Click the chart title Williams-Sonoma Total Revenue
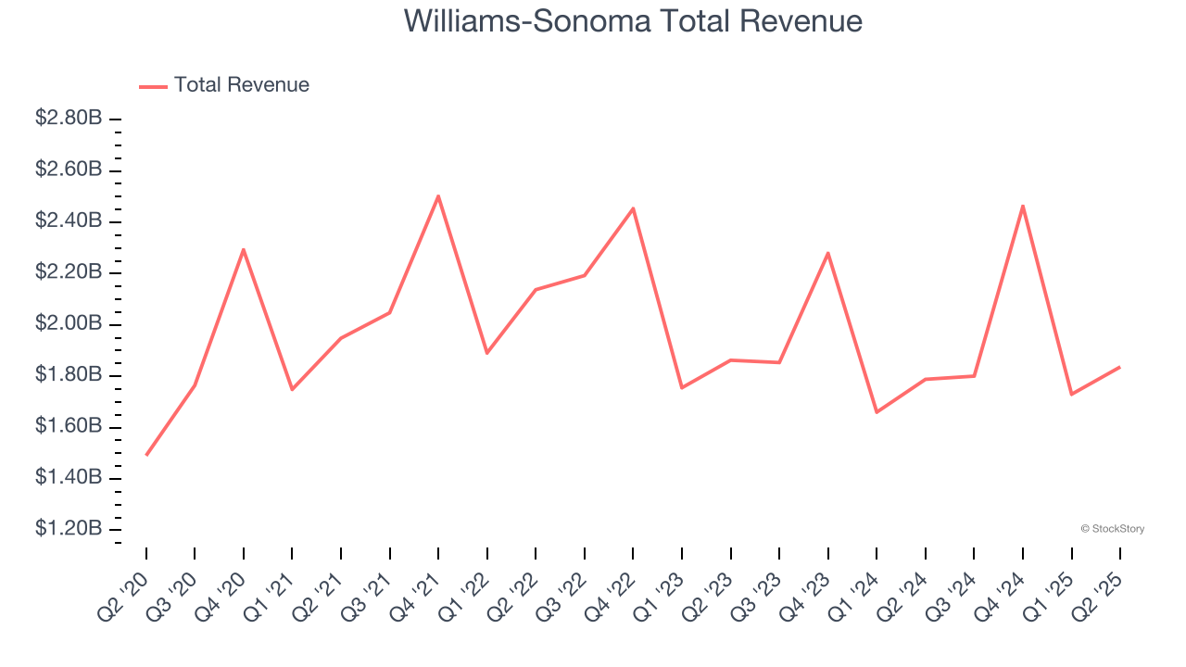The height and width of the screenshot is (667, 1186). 633,21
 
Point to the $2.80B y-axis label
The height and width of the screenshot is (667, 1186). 69,119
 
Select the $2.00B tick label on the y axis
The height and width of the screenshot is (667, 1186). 69,323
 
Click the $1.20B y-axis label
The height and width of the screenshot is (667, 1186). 69,528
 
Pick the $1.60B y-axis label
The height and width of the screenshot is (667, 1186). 69,426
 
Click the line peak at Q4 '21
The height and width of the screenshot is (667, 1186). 438,195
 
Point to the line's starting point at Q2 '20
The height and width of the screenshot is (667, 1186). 146,455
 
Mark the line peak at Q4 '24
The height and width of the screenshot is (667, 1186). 1023,206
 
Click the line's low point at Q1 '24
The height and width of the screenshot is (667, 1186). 877,412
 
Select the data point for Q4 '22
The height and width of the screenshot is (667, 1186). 633,208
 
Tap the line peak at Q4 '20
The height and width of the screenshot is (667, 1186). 244,249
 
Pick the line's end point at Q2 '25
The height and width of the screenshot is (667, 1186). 1119,367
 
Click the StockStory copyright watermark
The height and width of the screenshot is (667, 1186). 1112,529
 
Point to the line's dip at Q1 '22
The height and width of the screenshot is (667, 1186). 486,353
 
